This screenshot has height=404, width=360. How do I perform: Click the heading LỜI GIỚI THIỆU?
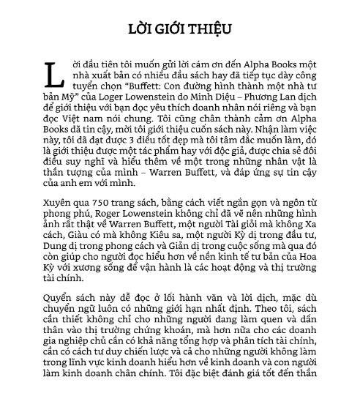(179, 29)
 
